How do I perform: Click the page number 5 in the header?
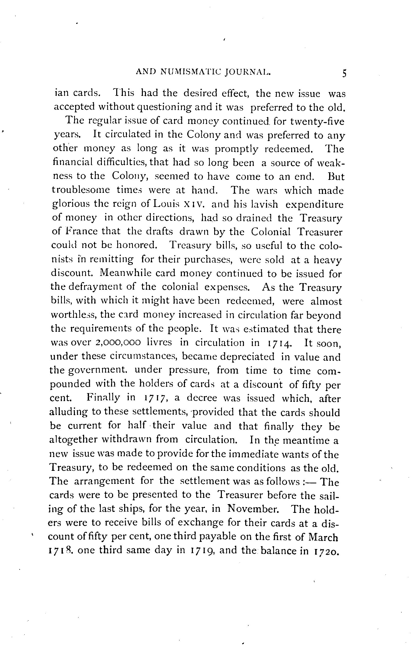[x=344, y=74]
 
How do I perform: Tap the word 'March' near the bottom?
[x=323, y=536]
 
